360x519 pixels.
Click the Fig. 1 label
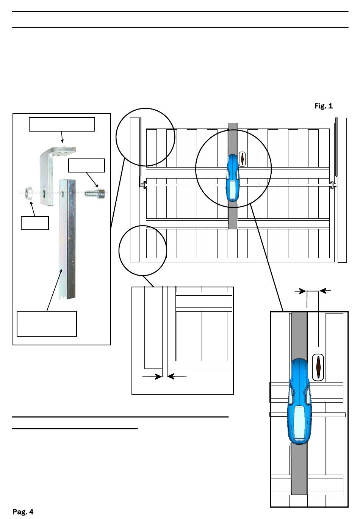coord(323,106)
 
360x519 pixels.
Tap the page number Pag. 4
coord(23,512)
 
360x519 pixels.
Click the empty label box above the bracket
coord(62,124)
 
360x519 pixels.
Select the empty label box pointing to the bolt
coord(86,166)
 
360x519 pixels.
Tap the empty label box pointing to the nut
coord(34,223)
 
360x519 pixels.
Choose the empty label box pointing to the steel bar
coord(47,323)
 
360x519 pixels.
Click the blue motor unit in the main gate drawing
coord(233,178)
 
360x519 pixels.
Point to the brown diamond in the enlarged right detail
coord(318,367)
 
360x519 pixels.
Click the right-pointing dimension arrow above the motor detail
coord(301,291)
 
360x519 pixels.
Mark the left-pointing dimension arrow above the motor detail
coord(325,291)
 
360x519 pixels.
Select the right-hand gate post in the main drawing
coord(342,190)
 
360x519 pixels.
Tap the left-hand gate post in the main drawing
coord(134,190)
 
